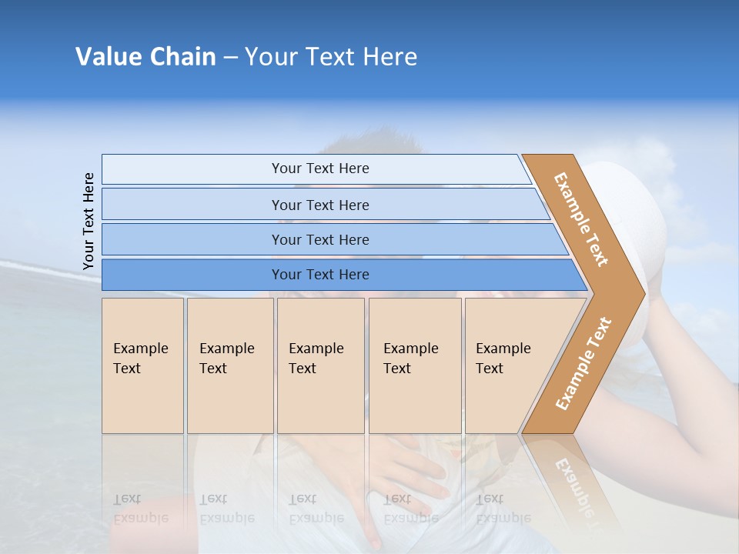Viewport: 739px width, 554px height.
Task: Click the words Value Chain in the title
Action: (145, 57)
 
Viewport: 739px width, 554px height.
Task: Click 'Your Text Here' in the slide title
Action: (331, 57)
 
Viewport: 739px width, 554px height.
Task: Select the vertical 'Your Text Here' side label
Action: (89, 221)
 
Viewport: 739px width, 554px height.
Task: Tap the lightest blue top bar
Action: (316, 169)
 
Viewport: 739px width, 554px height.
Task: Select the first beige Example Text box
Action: (142, 365)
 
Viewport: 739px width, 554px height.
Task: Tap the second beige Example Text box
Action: (230, 365)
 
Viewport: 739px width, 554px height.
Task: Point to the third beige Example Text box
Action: (320, 365)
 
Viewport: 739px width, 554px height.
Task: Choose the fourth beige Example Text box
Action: (415, 365)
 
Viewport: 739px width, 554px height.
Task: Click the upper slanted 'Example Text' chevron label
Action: (581, 219)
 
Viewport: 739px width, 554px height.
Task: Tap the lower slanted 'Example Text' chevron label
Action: (584, 364)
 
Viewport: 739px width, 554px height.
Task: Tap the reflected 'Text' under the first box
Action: (127, 499)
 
